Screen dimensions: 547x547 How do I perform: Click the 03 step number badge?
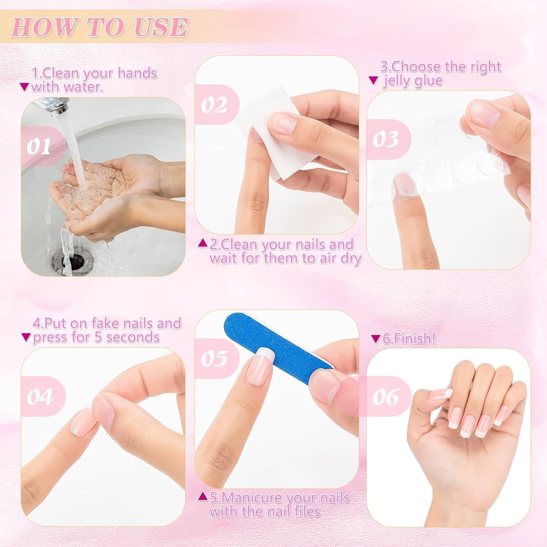[386, 139]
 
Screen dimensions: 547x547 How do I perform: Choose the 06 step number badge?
[386, 396]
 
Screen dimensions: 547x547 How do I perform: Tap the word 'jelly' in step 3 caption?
[398, 81]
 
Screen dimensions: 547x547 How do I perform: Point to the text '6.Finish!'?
[409, 339]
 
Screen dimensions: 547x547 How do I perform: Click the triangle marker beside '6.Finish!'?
[375, 339]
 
